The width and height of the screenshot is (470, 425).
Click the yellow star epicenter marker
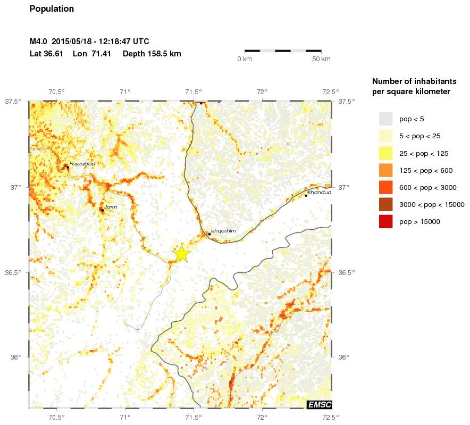coord(181,254)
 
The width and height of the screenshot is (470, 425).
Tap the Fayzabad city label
coord(82,164)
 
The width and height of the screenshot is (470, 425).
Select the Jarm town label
coord(111,206)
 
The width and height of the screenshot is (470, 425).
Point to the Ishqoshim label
coord(223,230)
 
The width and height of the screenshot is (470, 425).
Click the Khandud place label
coord(319,192)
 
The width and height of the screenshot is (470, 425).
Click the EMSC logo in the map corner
coord(320,405)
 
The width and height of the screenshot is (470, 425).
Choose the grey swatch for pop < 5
coord(385,119)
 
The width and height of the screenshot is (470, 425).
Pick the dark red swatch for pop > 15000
coord(385,221)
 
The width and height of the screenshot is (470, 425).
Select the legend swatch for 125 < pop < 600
coord(385,170)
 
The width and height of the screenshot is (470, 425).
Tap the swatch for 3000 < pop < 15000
coord(385,204)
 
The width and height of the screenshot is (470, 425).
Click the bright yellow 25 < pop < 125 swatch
coord(385,153)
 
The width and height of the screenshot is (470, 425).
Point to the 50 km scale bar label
coord(321,59)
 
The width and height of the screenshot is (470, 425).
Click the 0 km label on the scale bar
coord(245,59)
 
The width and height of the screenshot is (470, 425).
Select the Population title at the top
coord(52,9)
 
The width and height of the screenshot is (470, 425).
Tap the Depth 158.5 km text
coord(152,54)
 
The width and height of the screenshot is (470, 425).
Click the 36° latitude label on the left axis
coord(15,357)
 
